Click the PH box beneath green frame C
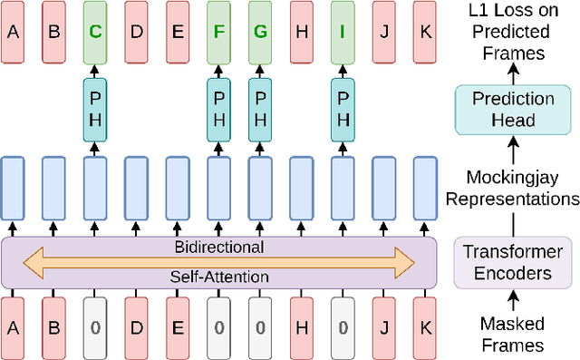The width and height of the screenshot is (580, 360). tap(94, 109)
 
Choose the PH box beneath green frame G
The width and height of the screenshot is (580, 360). tap(260, 109)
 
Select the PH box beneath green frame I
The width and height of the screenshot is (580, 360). tap(343, 109)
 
